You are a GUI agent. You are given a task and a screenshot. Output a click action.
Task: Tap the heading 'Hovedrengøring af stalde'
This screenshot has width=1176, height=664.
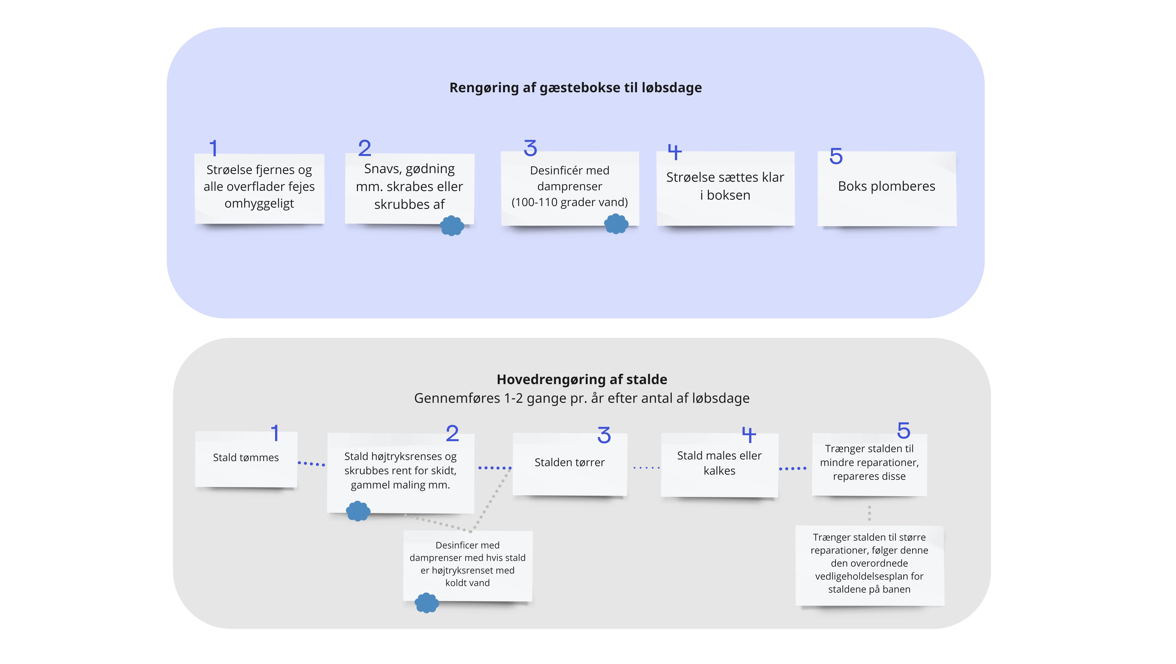[x=582, y=379]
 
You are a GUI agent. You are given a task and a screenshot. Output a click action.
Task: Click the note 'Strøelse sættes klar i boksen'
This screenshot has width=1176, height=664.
[x=725, y=188]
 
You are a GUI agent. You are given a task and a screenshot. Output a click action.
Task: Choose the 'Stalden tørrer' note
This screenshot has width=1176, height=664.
[x=570, y=464]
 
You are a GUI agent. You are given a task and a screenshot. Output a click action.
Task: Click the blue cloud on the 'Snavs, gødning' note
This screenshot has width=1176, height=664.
[x=452, y=225]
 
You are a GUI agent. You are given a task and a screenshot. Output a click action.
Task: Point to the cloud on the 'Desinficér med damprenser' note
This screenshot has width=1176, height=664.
[x=616, y=223]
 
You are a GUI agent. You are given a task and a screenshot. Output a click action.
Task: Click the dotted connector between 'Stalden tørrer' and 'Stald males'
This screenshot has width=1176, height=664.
[x=646, y=467]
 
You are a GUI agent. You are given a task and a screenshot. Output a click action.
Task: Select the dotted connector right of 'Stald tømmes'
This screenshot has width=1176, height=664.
[x=311, y=464]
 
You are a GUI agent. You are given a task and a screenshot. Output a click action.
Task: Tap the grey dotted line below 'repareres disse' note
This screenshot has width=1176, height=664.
[x=869, y=513]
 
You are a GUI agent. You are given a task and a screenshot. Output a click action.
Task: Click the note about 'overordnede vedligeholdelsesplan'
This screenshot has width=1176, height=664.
[x=870, y=565]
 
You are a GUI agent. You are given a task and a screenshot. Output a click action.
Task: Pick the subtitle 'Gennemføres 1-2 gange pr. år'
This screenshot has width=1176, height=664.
[x=582, y=398]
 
